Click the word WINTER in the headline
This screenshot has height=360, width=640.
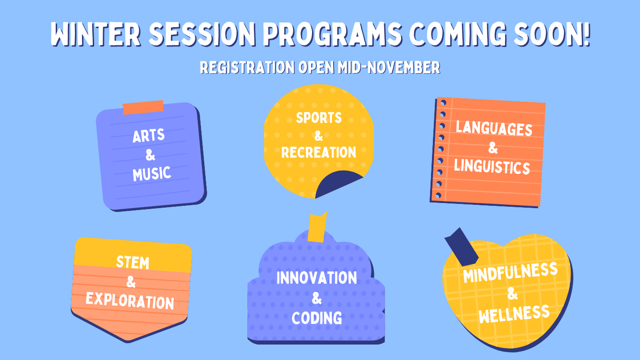coord(96,34)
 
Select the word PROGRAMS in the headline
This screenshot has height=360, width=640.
coord(332,34)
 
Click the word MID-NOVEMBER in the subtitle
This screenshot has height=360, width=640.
coord(389,67)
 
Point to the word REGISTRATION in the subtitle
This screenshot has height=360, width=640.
coord(247,67)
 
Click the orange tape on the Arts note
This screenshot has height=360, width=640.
coord(143,107)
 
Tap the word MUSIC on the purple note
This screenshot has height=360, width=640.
coord(152,173)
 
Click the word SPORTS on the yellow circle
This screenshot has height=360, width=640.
coord(319,118)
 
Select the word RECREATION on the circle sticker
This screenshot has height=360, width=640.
coord(319,152)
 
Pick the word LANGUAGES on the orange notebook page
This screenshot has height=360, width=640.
coord(494,128)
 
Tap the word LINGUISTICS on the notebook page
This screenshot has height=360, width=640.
coord(492,167)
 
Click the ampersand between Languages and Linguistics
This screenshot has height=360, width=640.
coord(493,148)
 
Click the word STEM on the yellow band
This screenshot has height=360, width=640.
coord(133,262)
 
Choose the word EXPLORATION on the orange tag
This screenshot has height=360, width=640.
coord(130,301)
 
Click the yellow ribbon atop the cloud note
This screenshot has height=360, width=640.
coord(317,227)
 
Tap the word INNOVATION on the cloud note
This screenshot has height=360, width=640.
coord(317,277)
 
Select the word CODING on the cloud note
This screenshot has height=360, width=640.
coord(317,318)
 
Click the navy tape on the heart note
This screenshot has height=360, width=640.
coord(461,247)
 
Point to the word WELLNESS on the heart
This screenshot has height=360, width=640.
coord(514,314)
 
